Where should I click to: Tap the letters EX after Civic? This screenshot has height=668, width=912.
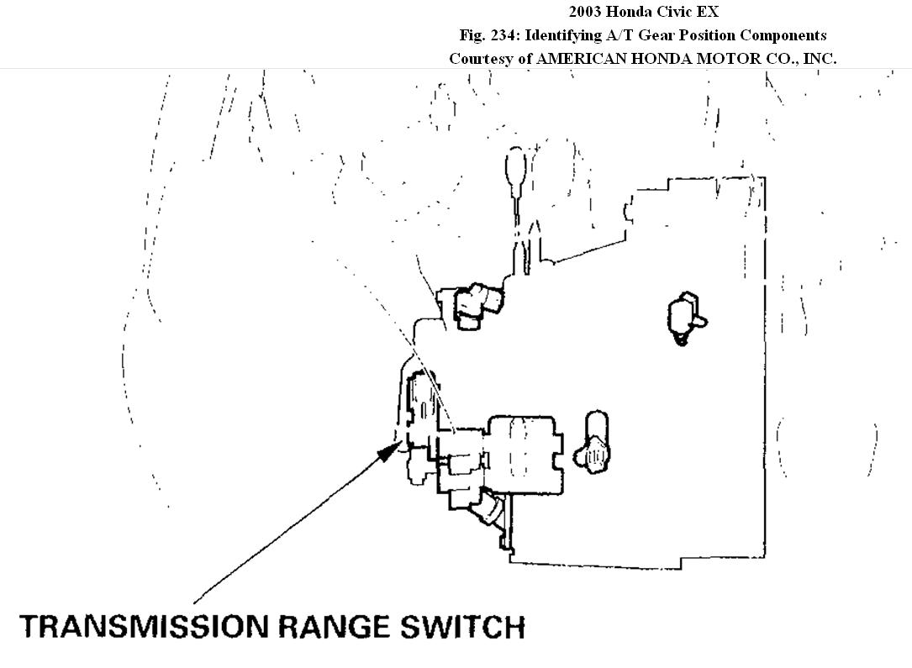pos(708,12)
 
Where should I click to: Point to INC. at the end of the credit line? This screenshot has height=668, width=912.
pos(818,59)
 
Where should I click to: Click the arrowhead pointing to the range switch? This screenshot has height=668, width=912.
pos(387,451)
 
